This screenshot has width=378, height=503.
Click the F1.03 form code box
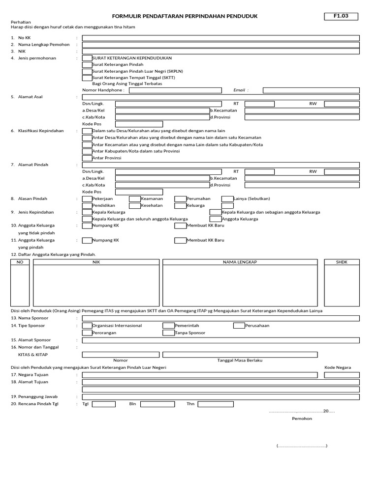pyautogui.click(x=341, y=16)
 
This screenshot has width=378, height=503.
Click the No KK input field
pyautogui.click(x=220, y=38)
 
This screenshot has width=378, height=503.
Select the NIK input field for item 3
pyautogui.click(x=220, y=51)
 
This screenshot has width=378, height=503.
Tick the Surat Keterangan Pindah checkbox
pyautogui.click(x=87, y=64)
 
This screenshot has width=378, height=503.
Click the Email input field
pyautogui.click(x=311, y=90)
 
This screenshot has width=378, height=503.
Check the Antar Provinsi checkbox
pyautogui.click(x=87, y=158)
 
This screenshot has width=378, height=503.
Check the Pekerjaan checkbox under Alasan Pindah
pyautogui.click(x=87, y=199)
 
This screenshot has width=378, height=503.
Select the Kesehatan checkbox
pyautogui.click(x=134, y=205)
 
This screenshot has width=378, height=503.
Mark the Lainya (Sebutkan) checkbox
pyautogui.click(x=227, y=199)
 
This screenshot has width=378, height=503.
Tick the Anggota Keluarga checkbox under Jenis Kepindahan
pyautogui.click(x=216, y=219)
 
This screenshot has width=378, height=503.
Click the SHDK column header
pyautogui.click(x=342, y=262)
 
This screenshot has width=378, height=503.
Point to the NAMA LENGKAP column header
pyautogui.click(x=240, y=262)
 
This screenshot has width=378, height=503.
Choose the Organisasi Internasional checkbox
pyautogui.click(x=87, y=326)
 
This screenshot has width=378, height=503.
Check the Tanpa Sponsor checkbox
pyautogui.click(x=169, y=333)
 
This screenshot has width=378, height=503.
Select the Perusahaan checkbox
pyautogui.click(x=239, y=326)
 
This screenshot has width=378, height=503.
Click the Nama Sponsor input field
pyautogui.click(x=220, y=318)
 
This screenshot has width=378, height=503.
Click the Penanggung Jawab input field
pyautogui.click(x=220, y=396)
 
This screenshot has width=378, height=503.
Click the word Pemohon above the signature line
pyautogui.click(x=302, y=419)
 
